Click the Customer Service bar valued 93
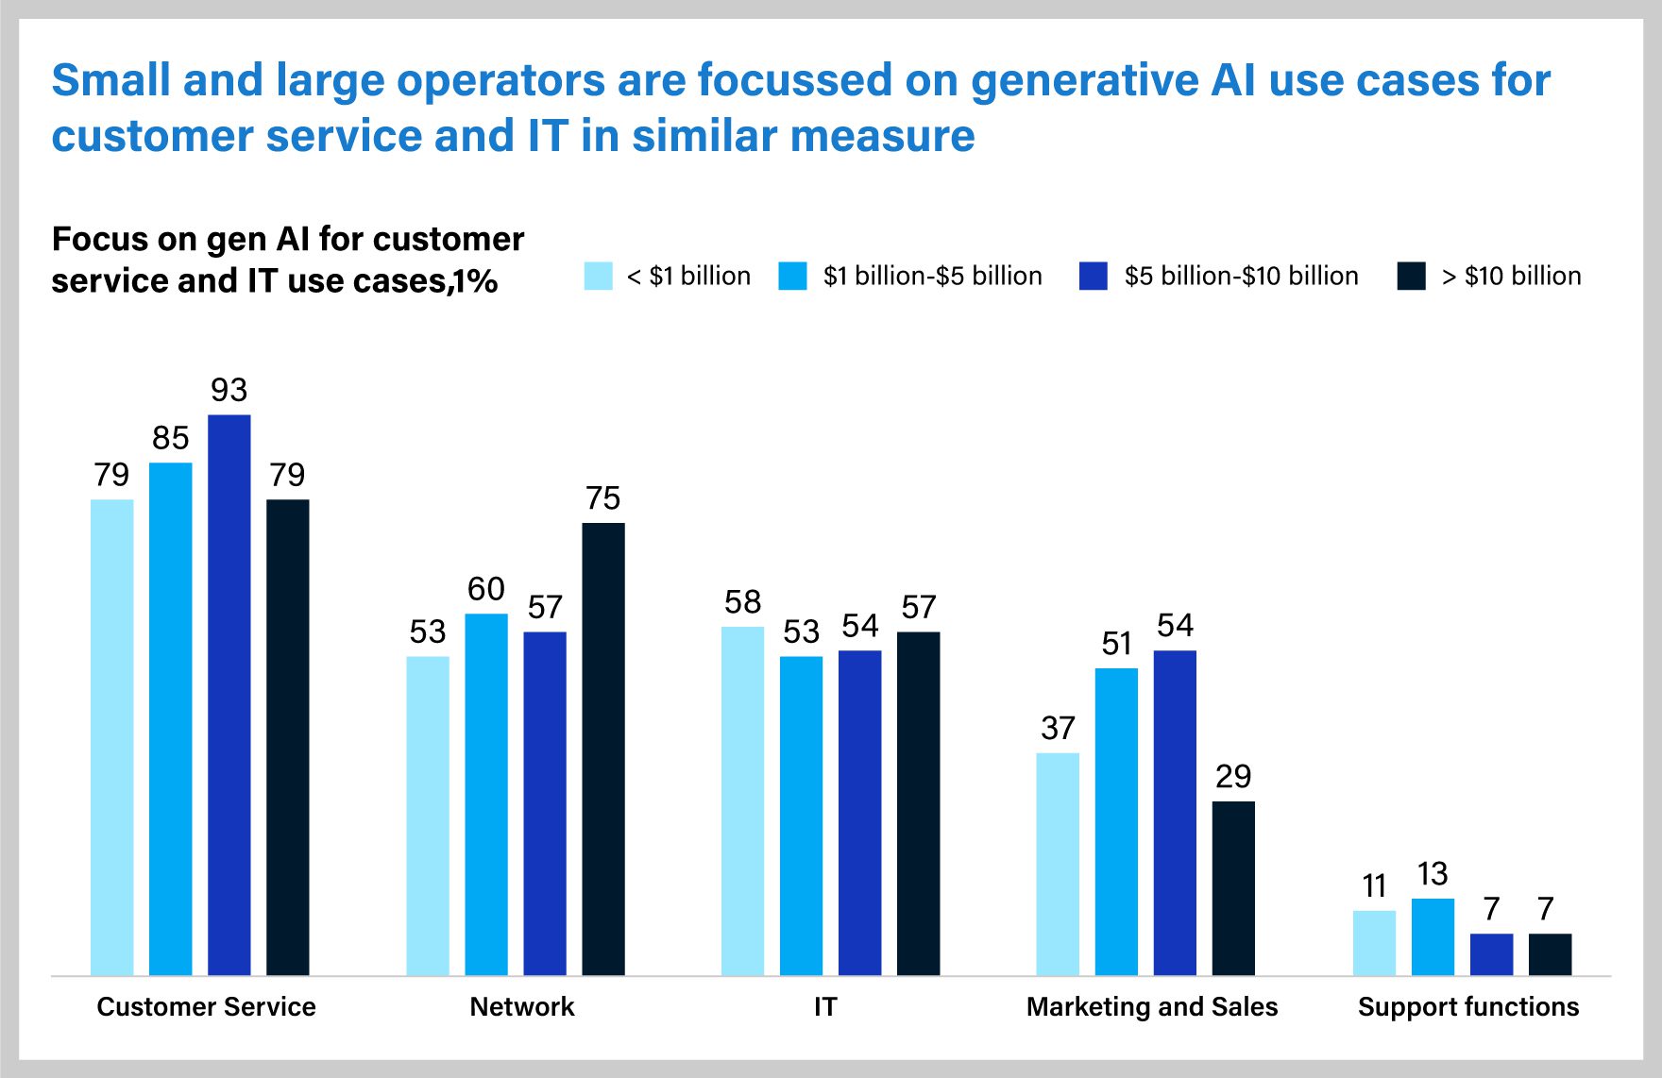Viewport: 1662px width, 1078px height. click(229, 694)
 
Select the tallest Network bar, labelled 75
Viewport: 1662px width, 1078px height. click(602, 749)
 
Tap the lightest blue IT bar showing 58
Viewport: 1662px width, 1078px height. click(742, 800)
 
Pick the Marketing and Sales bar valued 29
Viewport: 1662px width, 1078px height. click(1233, 887)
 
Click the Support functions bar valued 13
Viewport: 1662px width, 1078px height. click(1433, 936)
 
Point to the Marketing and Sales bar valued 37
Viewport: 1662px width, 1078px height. click(1058, 864)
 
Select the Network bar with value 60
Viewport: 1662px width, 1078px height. click(486, 794)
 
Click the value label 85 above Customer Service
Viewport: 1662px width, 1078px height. click(171, 438)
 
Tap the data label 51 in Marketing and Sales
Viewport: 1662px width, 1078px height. click(1116, 644)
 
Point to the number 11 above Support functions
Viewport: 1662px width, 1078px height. click(1374, 886)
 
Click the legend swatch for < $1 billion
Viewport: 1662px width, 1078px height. click(599, 276)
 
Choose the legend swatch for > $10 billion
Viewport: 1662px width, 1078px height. click(1411, 276)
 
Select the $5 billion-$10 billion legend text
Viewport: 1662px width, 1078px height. click(1241, 276)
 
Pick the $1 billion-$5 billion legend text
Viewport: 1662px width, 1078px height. click(932, 276)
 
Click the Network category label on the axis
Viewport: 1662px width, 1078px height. click(521, 1007)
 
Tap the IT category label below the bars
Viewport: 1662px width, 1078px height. click(825, 1007)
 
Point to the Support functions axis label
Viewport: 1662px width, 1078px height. click(1467, 1007)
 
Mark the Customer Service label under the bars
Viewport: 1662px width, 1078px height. click(206, 1007)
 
